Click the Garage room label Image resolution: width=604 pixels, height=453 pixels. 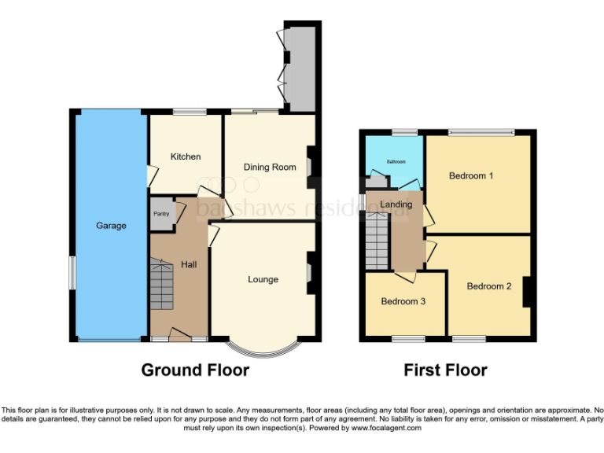111,226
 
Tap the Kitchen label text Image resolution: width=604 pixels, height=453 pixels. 186,157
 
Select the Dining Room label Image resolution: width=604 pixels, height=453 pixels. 269,167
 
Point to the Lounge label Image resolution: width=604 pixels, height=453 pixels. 263,279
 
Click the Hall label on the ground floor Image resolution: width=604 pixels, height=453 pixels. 189,264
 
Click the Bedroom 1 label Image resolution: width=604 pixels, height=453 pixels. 471,175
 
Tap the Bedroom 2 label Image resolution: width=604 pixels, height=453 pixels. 489,286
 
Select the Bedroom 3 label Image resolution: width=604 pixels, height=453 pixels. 403,301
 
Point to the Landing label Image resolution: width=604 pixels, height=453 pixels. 396,204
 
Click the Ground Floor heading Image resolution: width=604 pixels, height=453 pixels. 195,370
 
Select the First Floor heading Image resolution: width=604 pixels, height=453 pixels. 445,370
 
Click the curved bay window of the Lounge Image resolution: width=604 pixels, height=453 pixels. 263,347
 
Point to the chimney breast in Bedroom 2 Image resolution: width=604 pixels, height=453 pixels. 528,292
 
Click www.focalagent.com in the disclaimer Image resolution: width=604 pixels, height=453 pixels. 386,429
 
